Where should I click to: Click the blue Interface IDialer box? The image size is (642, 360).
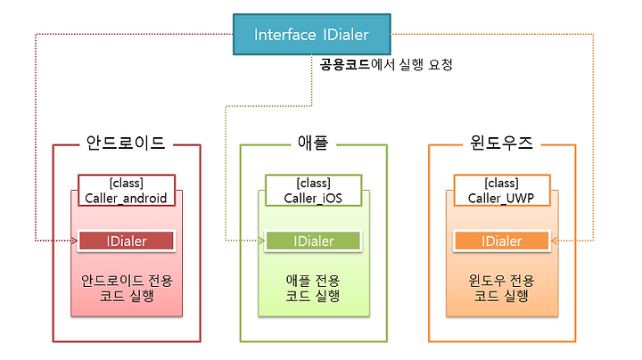[x=311, y=35]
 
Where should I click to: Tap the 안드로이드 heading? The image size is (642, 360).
[x=126, y=143]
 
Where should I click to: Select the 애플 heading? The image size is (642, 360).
[x=313, y=143]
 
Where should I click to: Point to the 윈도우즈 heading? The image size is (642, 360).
[x=501, y=143]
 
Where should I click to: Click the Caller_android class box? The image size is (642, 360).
[x=127, y=190]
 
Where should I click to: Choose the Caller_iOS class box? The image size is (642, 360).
[x=313, y=190]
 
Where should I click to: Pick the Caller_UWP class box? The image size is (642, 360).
[x=502, y=190]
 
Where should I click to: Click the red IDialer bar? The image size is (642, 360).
[x=127, y=241]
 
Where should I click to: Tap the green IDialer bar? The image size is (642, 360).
[x=313, y=241]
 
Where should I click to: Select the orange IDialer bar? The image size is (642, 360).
[x=501, y=241]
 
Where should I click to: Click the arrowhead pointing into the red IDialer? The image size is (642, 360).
[x=74, y=241]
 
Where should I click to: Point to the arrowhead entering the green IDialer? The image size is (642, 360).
[x=261, y=241]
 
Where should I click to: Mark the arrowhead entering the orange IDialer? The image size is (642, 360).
[x=555, y=241]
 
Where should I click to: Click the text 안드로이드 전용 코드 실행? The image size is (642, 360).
[x=127, y=288]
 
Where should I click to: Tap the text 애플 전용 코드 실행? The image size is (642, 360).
[x=313, y=288]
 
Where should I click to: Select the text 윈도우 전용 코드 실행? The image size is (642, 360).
[x=501, y=288]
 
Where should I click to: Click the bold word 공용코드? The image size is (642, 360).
[x=345, y=64]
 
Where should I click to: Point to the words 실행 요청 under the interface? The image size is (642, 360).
[x=426, y=64]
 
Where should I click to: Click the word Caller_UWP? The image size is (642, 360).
[x=501, y=198]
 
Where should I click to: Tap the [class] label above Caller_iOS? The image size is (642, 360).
[x=313, y=183]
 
